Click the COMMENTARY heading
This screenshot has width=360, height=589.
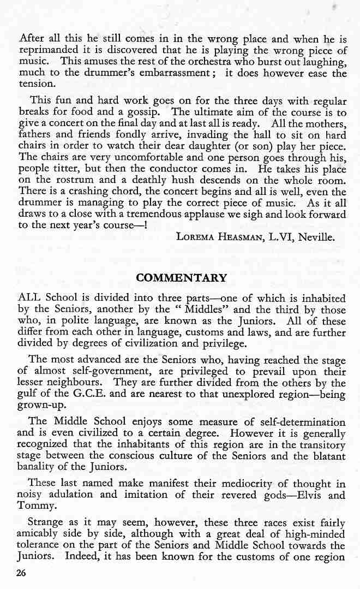click(181, 278)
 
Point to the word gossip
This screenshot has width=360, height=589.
click(140, 112)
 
